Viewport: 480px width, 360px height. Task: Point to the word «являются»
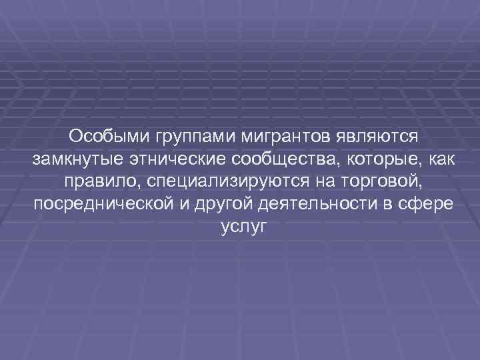pyautogui.click(x=379, y=137)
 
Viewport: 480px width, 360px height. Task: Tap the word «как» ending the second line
pyautogui.click(x=433, y=159)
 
